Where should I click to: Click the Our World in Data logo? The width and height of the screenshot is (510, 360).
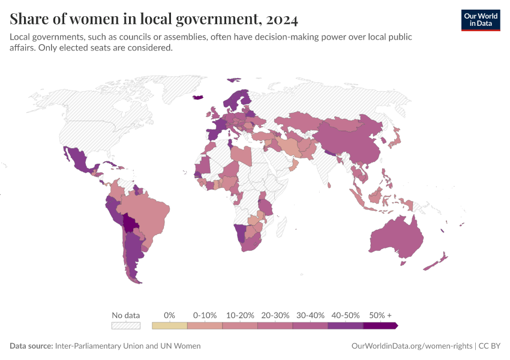coord(480,20)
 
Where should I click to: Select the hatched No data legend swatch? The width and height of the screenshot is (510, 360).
coord(126,326)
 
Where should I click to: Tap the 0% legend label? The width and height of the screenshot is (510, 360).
coord(170,315)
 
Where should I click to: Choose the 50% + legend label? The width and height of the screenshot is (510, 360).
coord(380,315)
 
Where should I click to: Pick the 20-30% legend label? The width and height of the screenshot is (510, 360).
coord(275,315)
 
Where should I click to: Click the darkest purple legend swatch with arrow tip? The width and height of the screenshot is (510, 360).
coord(380,326)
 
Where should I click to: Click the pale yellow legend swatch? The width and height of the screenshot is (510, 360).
coord(170,326)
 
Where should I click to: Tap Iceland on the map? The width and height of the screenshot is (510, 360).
coord(198,97)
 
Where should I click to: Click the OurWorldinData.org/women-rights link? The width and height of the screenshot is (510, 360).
coord(411,346)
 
